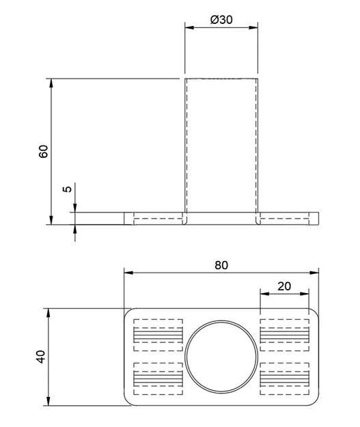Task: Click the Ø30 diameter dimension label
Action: coord(222,20)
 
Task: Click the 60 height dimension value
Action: coord(43,151)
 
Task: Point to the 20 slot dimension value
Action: coord(285,286)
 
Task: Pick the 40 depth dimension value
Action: coord(41,357)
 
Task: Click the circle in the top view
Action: coord(222,357)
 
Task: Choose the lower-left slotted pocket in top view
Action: coord(158,378)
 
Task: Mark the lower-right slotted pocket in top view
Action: coord(286,378)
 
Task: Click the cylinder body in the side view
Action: coord(222,147)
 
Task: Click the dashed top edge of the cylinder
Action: coord(222,79)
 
